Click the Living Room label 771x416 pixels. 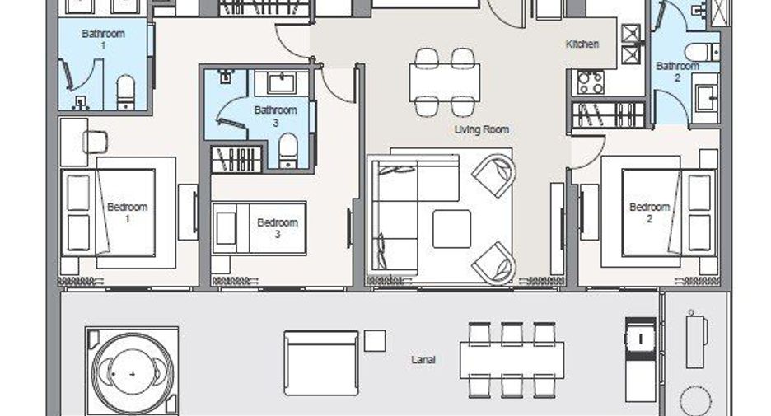481,129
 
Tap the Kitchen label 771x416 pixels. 582,44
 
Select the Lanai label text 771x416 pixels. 423,360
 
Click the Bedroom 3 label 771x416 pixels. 278,228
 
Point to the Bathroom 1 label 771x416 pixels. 103,40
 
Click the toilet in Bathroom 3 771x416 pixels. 288,151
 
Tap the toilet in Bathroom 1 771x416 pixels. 126,92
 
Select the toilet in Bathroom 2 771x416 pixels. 702,52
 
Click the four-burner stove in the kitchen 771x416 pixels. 590,82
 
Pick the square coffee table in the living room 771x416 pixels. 451,229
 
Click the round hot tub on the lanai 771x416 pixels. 133,374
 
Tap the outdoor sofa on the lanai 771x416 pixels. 321,363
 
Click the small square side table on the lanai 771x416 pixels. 375,340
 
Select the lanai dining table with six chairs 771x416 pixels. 512,360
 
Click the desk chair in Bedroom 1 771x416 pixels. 96,143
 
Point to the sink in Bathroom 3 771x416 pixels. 281,83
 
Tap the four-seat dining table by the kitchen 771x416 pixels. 445,82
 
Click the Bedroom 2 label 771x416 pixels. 649,213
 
